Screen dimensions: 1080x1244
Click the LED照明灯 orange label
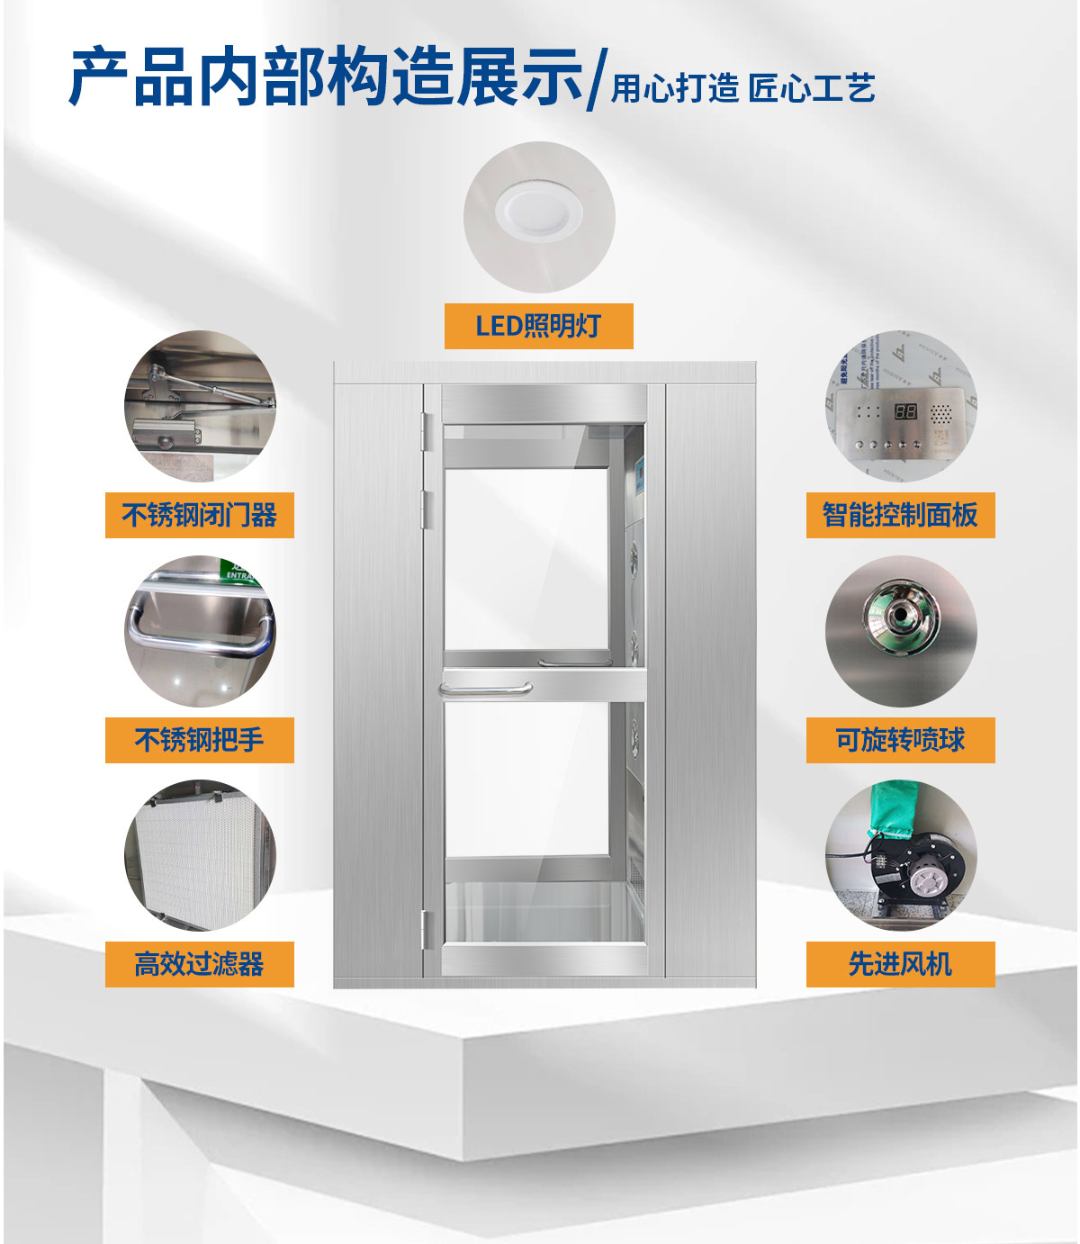(538, 326)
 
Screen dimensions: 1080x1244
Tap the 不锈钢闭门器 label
(199, 515)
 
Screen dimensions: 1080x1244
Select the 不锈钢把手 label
(199, 740)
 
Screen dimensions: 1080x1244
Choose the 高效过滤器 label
(199, 964)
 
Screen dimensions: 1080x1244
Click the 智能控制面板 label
(901, 515)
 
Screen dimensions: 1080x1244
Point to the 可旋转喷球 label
(901, 740)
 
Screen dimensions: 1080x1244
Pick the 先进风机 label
(901, 964)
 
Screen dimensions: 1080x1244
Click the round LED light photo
(539, 217)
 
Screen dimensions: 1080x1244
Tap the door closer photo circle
(200, 406)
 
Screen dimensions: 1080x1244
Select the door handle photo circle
(200, 631)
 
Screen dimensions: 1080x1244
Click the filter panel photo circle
(200, 855)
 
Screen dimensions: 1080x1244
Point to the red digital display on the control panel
(905, 411)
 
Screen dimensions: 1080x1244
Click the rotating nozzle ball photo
(901, 631)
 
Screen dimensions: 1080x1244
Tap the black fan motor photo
(901, 855)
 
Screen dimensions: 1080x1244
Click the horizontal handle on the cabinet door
(486, 689)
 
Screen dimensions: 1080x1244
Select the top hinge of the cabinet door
(426, 432)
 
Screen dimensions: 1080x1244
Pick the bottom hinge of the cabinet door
(426, 931)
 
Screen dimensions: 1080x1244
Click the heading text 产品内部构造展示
(326, 77)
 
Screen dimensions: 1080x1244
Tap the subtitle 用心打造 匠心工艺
(742, 89)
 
